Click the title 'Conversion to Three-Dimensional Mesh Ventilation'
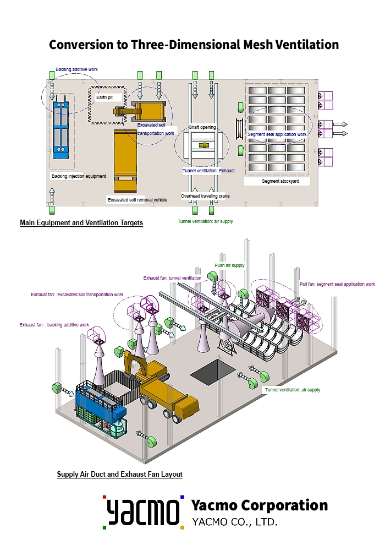(194, 45)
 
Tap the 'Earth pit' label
(105, 97)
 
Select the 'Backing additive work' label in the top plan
(76, 70)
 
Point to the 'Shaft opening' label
(202, 127)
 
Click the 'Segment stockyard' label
(278, 181)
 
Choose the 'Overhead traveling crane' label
(205, 196)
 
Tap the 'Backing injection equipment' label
(79, 176)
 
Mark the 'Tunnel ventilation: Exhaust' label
(208, 171)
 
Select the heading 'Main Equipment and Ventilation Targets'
(81, 223)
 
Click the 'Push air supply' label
(229, 265)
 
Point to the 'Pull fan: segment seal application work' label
(337, 285)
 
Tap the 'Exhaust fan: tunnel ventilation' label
(173, 278)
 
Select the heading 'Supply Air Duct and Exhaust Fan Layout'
(119, 474)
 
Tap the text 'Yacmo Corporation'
(259, 505)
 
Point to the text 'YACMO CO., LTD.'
(234, 521)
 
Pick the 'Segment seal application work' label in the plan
(277, 134)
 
